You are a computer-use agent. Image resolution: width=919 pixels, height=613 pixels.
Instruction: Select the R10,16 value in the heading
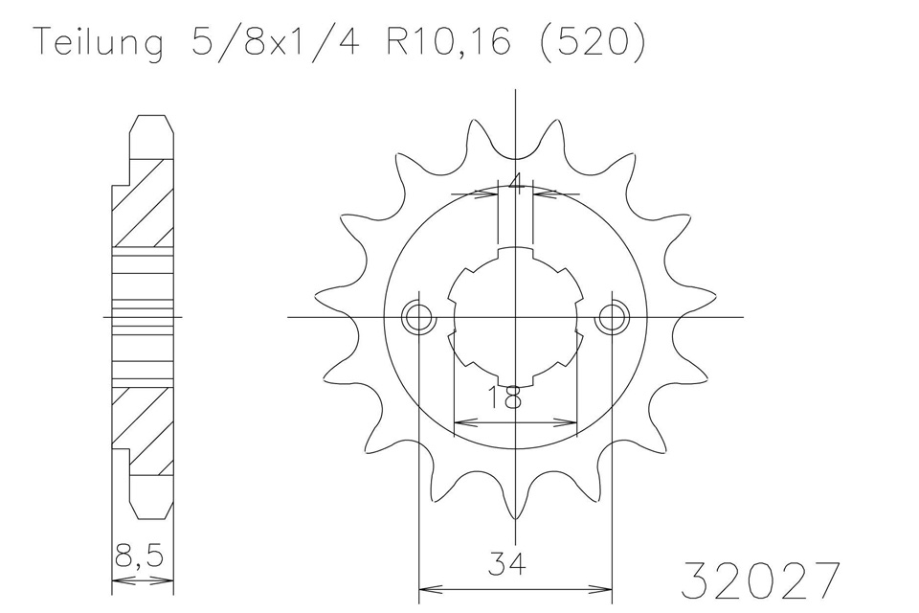[x=448, y=41]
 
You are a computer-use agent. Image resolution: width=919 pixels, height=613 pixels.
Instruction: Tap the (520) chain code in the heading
[x=591, y=42]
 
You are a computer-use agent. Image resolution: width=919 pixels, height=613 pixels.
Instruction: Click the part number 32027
[x=760, y=580]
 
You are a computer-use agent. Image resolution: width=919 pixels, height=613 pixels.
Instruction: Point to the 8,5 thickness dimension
[x=140, y=557]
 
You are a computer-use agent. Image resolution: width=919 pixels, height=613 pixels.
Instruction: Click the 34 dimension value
[x=506, y=563]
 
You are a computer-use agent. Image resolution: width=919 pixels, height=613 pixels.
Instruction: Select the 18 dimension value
[x=504, y=397]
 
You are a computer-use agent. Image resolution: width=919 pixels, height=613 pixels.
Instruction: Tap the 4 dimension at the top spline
[x=516, y=182]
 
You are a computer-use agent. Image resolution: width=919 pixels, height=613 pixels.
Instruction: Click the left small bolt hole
[x=418, y=317]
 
